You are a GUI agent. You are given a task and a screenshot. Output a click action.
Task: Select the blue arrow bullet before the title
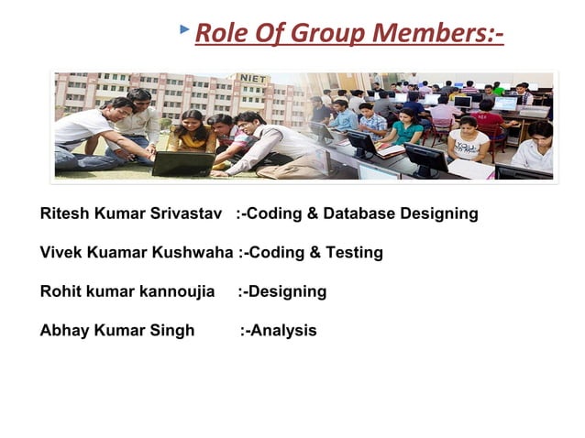(185, 30)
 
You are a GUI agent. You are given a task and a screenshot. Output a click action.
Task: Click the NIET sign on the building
(252, 80)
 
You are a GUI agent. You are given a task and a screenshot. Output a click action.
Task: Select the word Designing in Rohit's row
(287, 291)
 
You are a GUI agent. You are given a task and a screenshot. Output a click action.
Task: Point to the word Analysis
(283, 330)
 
